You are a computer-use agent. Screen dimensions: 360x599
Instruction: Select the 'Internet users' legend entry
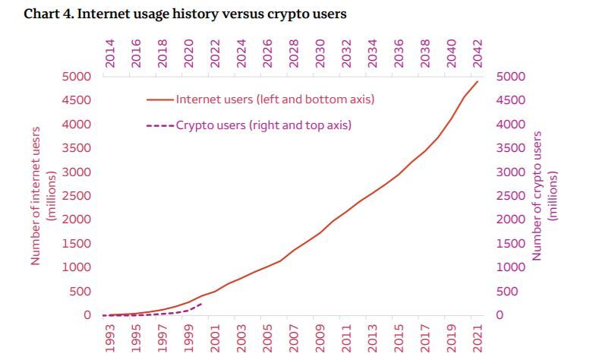274,99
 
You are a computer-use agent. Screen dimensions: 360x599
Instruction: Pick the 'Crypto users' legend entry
263,125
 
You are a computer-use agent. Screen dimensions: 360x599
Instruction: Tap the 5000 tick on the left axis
76,77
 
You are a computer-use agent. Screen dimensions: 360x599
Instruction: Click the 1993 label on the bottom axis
109,338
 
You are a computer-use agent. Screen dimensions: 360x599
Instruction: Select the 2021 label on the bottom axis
478,338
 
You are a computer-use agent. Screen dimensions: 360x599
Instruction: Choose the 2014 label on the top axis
109,54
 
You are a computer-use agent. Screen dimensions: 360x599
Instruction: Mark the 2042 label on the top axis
478,54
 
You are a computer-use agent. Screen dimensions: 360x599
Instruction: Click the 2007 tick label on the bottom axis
294,338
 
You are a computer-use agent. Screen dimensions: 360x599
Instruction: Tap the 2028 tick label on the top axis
294,54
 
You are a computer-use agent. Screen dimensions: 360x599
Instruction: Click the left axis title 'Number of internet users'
43,196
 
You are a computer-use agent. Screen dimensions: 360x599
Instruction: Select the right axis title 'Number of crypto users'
545,196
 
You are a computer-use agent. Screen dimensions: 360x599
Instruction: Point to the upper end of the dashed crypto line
201,303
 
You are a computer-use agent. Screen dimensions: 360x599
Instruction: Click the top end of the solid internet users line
478,81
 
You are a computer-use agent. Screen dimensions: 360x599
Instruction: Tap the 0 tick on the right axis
500,315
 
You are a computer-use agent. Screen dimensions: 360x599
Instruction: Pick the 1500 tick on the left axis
76,244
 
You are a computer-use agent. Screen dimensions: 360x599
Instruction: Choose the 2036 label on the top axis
399,54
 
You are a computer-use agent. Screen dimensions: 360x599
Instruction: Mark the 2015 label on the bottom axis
399,338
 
